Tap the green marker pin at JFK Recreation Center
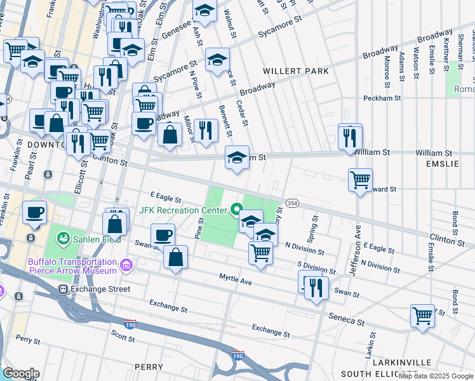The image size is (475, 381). pos(237,208)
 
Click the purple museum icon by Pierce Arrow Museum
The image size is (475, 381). pos(126,264)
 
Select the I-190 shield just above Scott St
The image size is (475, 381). pos(130,323)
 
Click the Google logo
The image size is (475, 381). pos(21,373)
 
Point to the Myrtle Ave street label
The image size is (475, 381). pos(236,278)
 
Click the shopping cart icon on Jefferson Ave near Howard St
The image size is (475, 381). pos(360,180)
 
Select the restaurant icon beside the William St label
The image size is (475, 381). pos(350,137)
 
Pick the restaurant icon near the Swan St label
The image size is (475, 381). pos(316,287)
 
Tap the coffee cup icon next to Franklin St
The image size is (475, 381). pos(35,212)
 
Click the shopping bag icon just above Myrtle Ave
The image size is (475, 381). pos(176,257)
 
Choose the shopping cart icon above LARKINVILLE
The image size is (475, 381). pos(422,315)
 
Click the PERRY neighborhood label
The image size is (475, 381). pos(149,367)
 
